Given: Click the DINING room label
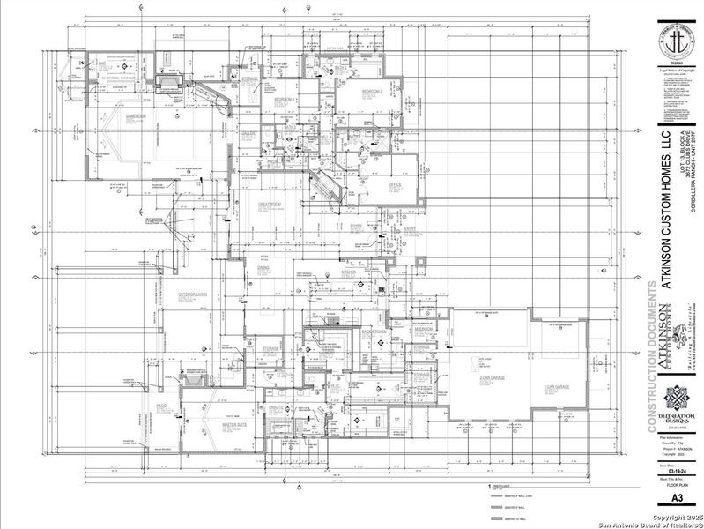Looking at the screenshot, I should point(263,267).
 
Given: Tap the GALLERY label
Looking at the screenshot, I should point(249,134).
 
